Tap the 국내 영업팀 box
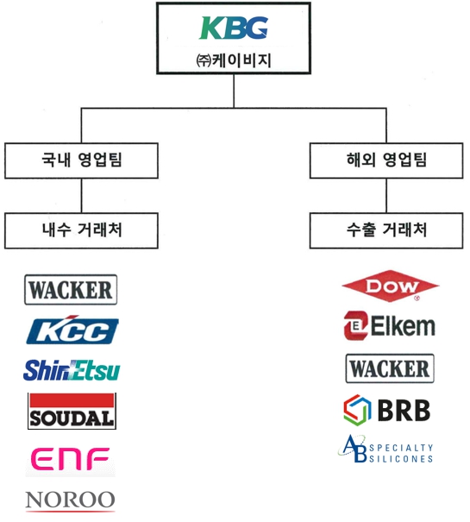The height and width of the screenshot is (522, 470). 82,160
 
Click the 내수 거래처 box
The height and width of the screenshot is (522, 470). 82,230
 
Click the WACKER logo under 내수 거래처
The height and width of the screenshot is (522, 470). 71,290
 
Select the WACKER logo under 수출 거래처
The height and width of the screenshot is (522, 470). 389,368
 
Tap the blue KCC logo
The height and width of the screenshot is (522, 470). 72,330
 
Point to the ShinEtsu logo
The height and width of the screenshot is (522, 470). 72,370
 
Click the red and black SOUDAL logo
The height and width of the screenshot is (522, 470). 72,411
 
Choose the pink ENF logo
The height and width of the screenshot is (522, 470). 72,460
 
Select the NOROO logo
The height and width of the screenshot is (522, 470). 71,500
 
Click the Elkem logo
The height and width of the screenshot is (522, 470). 389,326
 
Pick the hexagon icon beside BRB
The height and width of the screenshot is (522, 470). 357,410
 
